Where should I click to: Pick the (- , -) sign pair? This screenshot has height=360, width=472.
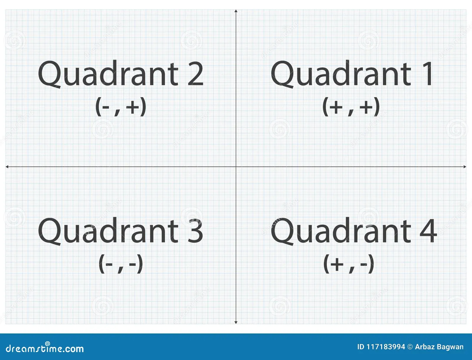pyautogui.click(x=121, y=264)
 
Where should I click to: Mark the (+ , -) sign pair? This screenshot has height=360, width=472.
pyautogui.click(x=349, y=264)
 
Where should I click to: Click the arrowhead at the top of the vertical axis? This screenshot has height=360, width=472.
pyautogui.click(x=236, y=11)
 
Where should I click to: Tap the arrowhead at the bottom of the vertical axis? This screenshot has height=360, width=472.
pyautogui.click(x=236, y=322)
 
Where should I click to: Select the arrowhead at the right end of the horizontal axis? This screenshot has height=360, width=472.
pyautogui.click(x=465, y=167)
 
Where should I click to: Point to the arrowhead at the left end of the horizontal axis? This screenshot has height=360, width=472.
pyautogui.click(x=7, y=167)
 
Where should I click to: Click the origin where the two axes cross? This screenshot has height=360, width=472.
pyautogui.click(x=236, y=167)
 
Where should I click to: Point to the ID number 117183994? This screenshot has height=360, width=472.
pyautogui.click(x=386, y=347)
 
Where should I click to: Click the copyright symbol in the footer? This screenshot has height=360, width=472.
pyautogui.click(x=410, y=347)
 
